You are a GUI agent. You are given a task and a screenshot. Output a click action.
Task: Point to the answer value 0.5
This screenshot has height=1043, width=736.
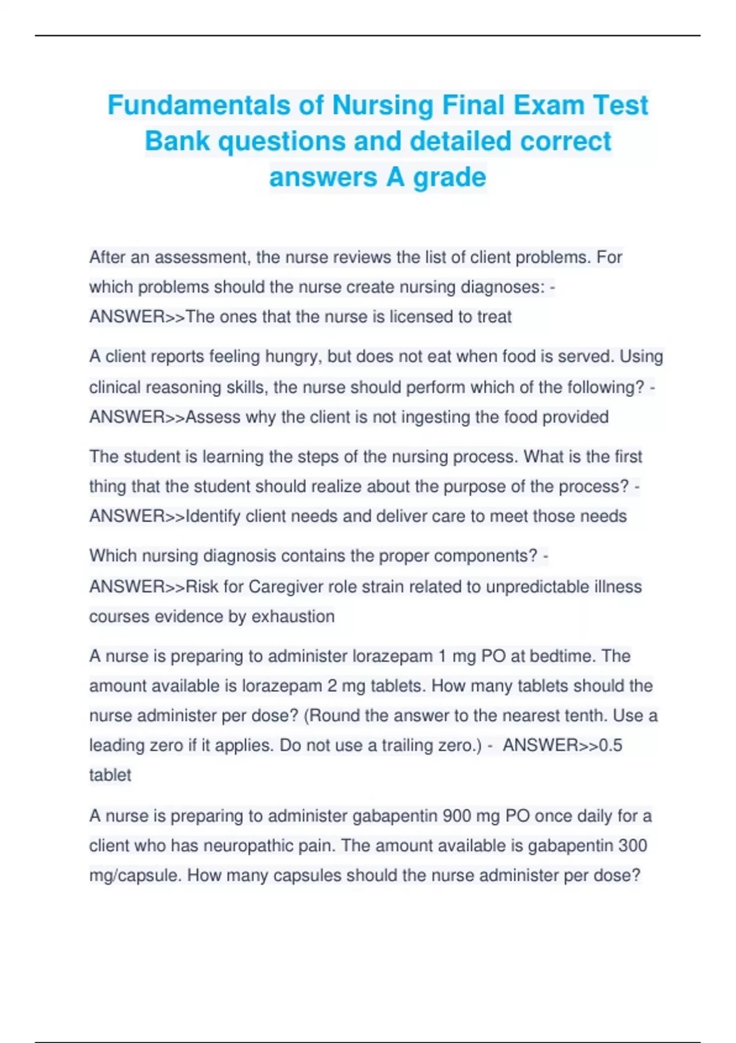point(610,745)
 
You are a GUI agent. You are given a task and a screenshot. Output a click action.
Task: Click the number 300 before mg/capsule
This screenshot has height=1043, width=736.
point(632,845)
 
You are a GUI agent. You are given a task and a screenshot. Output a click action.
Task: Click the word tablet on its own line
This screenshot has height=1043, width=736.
point(110,775)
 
